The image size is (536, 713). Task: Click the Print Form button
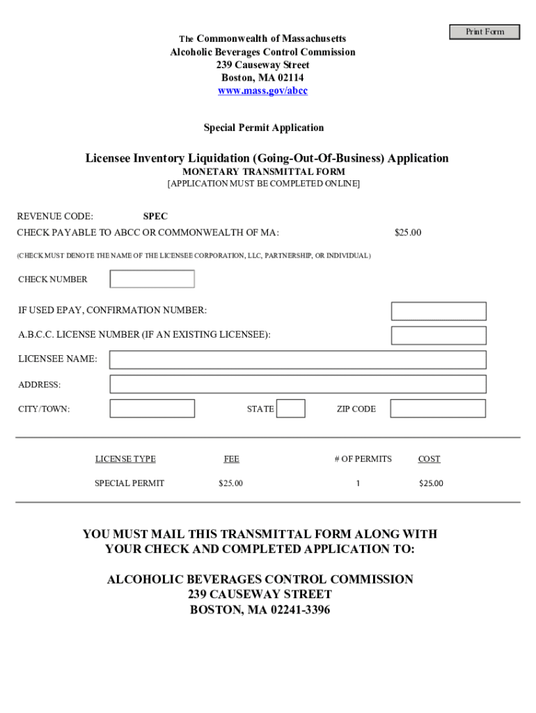[x=484, y=31]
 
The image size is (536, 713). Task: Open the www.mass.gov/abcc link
[x=262, y=91]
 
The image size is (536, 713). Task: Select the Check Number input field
[x=152, y=279]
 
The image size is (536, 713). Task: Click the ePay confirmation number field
[x=439, y=311]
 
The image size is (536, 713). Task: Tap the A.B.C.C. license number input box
[x=439, y=336]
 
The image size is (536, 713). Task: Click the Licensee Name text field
[x=298, y=360]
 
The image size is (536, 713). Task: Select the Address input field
[x=298, y=384]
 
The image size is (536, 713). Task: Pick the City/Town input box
[x=152, y=409]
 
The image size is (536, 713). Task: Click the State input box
[x=290, y=409]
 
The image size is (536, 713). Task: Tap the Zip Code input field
[x=438, y=409]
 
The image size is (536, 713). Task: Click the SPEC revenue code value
[x=155, y=217]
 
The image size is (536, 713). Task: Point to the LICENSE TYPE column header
[x=125, y=459]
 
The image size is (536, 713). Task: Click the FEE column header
[x=231, y=459]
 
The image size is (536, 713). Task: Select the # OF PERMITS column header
[x=363, y=459]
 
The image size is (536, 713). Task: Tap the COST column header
[x=429, y=459]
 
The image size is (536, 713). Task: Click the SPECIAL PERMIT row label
[x=129, y=483]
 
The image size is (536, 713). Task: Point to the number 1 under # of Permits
[x=358, y=483]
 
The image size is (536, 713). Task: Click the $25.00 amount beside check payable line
[x=408, y=233]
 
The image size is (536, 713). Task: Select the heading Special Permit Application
[x=263, y=128]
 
